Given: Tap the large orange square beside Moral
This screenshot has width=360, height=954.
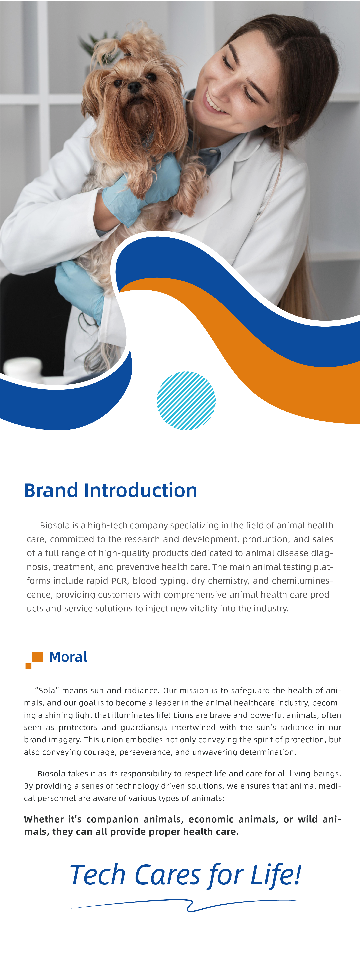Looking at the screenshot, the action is [37, 657].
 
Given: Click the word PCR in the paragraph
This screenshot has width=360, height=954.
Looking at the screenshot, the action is [119, 581].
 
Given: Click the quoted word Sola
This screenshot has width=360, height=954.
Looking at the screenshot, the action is [47, 690].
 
